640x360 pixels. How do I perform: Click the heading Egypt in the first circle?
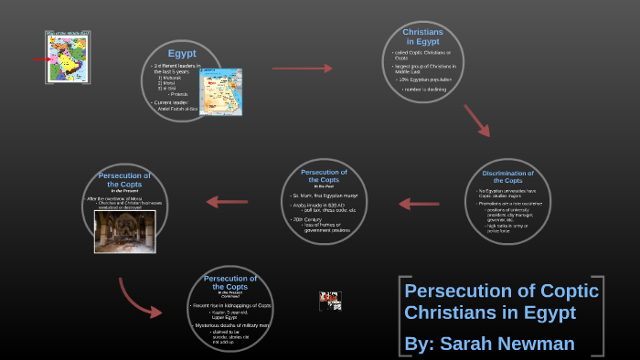182,53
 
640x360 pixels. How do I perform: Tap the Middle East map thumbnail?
69,58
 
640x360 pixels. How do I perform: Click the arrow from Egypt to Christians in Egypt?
303,68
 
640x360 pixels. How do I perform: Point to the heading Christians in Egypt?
422,37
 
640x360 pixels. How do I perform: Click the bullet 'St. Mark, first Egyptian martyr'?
324,196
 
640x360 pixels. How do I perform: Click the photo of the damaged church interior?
124,231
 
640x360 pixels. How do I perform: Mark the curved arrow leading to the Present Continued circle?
137,298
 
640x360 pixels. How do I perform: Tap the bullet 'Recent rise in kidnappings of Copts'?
230,304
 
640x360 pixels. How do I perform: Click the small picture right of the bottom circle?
330,301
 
